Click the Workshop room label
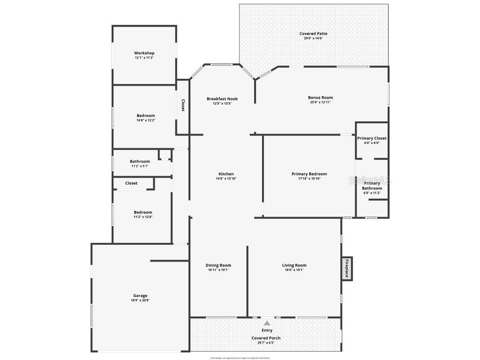(x=144, y=53)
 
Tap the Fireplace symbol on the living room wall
(x=347, y=269)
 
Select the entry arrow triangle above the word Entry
(x=267, y=323)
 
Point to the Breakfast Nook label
(x=222, y=99)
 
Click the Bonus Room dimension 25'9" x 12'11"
(x=320, y=102)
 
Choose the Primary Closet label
(x=372, y=138)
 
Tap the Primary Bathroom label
(x=372, y=186)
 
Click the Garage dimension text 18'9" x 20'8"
(x=140, y=300)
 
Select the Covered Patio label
(x=314, y=34)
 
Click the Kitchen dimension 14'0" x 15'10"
(x=226, y=179)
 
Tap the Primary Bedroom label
(x=309, y=174)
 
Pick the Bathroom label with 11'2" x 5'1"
(x=140, y=161)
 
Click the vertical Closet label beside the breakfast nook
(x=183, y=105)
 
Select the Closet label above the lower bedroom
(x=131, y=183)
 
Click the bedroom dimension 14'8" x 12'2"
(x=146, y=120)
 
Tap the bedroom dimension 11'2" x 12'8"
(x=143, y=217)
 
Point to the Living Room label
(x=294, y=265)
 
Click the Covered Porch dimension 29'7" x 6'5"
(x=266, y=343)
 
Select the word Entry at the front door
(x=267, y=330)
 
